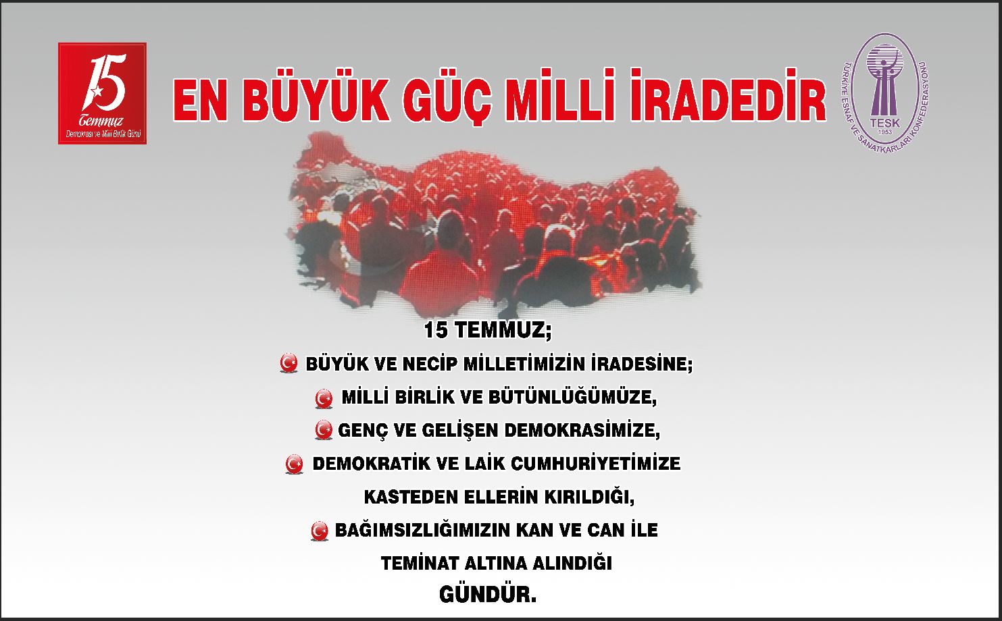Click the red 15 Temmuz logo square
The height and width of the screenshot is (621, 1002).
[103, 93]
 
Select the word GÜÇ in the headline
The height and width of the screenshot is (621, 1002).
[449, 101]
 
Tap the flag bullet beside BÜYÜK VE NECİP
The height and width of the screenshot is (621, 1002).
[289, 362]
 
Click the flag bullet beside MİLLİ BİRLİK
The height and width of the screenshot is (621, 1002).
[324, 398]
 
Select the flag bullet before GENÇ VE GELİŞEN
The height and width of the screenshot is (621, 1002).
[324, 430]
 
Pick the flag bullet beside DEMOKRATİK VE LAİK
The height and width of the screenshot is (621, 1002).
[294, 464]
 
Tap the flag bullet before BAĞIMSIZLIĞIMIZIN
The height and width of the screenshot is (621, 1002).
[320, 531]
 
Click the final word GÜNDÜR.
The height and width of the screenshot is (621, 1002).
[488, 595]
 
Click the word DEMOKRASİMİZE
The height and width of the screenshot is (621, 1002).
[582, 430]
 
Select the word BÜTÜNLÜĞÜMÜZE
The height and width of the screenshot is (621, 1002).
[572, 397]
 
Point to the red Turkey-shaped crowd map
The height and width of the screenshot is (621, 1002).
[495, 223]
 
